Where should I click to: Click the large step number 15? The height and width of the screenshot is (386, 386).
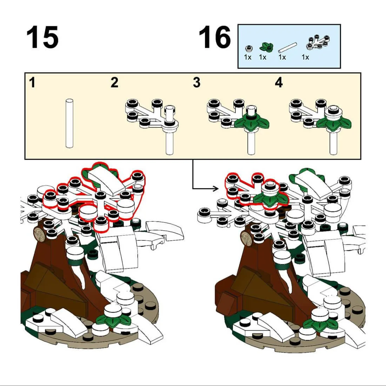click(42, 38)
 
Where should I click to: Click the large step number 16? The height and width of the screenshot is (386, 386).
click(215, 38)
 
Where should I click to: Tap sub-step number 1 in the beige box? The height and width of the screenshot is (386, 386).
click(32, 82)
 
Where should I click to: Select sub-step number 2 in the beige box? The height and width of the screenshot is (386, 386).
click(114, 82)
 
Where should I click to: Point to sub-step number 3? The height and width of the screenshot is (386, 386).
click(197, 82)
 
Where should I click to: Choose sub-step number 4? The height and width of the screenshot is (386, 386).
click(279, 82)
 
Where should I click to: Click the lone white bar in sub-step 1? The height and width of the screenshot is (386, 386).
click(69, 123)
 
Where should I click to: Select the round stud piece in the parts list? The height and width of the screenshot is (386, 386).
click(249, 48)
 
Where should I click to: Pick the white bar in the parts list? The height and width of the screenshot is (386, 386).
click(287, 47)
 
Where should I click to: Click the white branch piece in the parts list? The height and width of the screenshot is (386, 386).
click(318, 42)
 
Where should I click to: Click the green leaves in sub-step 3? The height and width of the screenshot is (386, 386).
click(252, 122)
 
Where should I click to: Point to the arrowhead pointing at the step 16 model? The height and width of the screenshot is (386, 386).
click(216, 189)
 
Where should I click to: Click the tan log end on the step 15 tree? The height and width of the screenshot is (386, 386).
click(39, 234)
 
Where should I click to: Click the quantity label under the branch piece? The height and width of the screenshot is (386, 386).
click(305, 57)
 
